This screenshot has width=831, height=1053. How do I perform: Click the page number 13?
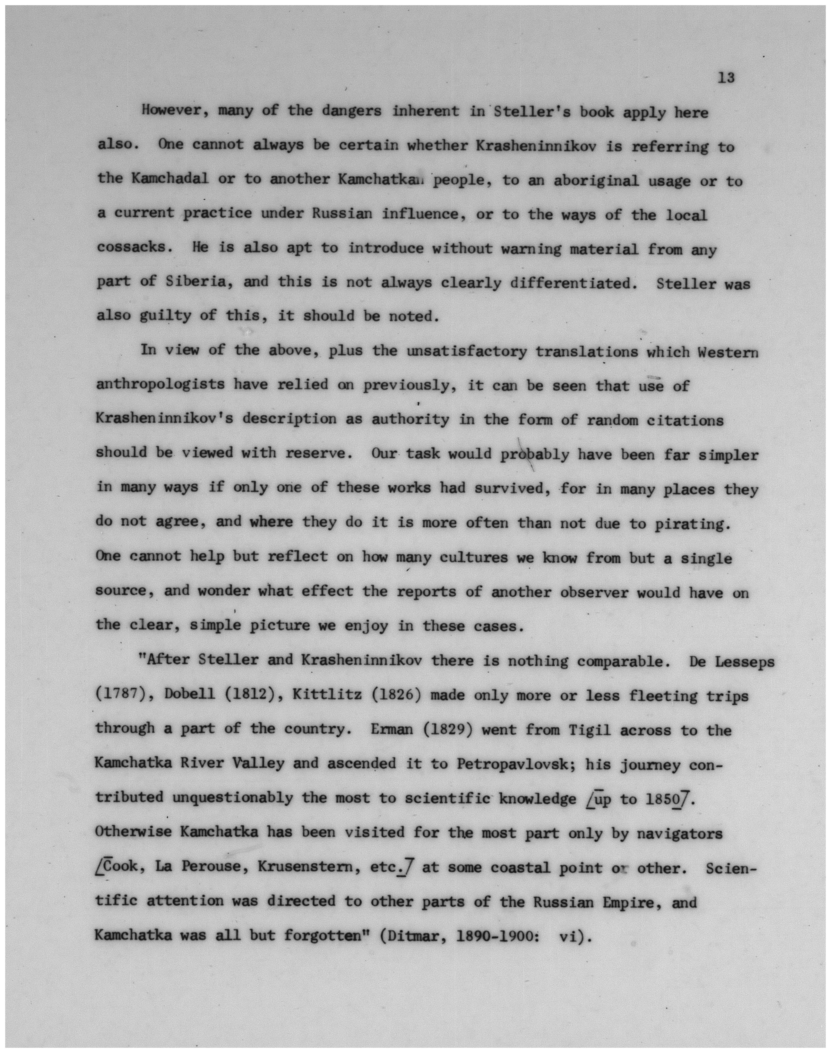tap(726, 78)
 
